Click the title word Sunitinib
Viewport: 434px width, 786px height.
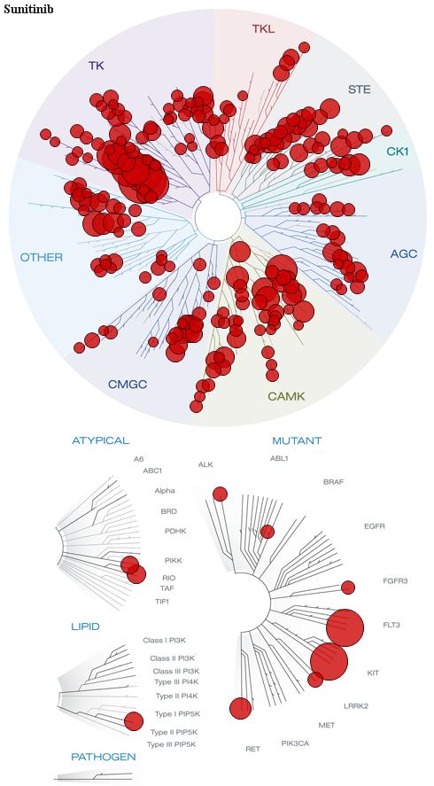[28, 9]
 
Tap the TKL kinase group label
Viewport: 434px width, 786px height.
[263, 28]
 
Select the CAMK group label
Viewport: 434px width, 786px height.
[286, 396]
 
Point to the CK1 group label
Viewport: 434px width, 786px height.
[398, 151]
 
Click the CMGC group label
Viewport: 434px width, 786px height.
[128, 385]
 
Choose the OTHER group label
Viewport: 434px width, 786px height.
[42, 258]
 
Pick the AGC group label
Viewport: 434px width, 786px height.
[403, 253]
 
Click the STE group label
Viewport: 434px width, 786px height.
[360, 89]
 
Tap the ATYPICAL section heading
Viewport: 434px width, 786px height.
[101, 440]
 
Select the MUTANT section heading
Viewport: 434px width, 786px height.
[297, 441]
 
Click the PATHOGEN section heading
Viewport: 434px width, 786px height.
[104, 757]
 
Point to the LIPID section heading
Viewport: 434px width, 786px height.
[85, 626]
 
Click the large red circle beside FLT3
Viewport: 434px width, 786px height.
[345, 628]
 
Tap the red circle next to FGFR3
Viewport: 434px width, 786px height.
[348, 588]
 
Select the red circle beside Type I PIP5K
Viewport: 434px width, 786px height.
[134, 720]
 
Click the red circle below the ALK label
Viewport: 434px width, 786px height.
[220, 494]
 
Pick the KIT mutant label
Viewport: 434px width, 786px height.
[373, 673]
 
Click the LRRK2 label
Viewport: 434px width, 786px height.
[356, 706]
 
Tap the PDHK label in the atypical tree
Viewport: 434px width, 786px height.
[175, 531]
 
